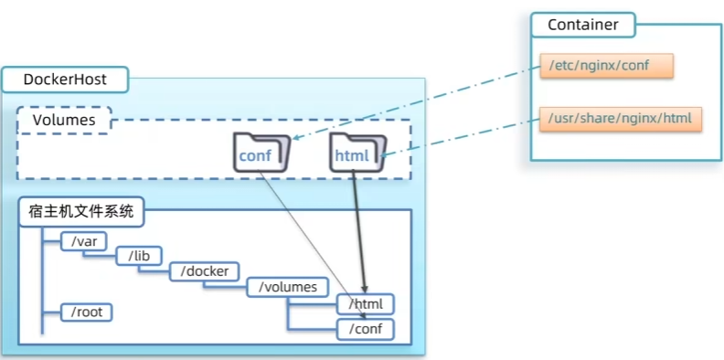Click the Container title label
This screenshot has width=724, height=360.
coord(582,25)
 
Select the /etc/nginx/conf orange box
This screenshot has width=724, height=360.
coord(606,66)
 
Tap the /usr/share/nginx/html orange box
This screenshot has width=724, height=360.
coord(621,119)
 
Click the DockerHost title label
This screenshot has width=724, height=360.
coord(65,79)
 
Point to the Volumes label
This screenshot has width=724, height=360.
coord(64,121)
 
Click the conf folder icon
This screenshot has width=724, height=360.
coord(261,153)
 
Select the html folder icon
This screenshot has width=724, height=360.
coord(357,153)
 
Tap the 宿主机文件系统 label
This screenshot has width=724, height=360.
coord(80,212)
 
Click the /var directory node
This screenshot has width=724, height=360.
coord(84,241)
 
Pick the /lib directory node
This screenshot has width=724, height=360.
coord(139,256)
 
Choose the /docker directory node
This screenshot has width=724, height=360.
coord(204,271)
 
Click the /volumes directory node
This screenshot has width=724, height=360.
coord(288,287)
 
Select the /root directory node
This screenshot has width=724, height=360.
coord(87,312)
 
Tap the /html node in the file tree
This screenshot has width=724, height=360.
coord(366,304)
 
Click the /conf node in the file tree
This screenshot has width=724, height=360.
coord(366,330)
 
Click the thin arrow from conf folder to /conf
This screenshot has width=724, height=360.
coord(311,245)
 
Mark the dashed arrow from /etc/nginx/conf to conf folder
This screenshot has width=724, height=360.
coord(417,102)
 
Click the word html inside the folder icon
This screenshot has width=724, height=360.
coord(352,155)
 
